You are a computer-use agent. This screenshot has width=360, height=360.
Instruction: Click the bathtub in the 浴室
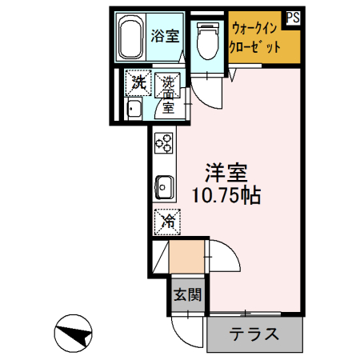pos(130,38)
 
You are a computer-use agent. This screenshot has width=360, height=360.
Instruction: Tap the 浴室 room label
pos(165,36)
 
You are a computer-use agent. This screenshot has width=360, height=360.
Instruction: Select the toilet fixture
pos(207,41)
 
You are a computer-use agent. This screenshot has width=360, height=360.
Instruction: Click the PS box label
pos(294,18)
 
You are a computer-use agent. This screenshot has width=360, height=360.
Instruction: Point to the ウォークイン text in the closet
pos(254,28)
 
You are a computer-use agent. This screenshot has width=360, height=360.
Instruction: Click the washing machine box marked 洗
pos(138,82)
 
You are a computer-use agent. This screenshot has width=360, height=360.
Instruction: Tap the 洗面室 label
pos(169,95)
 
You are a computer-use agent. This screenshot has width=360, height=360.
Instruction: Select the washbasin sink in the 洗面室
pos(134,108)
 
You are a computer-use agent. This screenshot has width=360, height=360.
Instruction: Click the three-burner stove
pos(164,143)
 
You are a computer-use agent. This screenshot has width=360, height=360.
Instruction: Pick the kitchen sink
pos(165,187)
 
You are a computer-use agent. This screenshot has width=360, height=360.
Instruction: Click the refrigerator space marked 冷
pos(167,222)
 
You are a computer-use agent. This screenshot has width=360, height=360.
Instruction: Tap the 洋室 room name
pos(226,173)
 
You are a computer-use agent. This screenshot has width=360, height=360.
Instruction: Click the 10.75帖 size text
pos(226,195)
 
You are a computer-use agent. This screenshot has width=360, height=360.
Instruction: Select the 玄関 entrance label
pos(188,295)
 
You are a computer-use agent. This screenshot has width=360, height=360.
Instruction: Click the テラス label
pos(254,334)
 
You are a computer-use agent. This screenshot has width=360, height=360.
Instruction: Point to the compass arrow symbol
pos(73,334)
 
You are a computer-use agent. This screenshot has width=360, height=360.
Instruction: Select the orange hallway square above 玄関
pos(186,257)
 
